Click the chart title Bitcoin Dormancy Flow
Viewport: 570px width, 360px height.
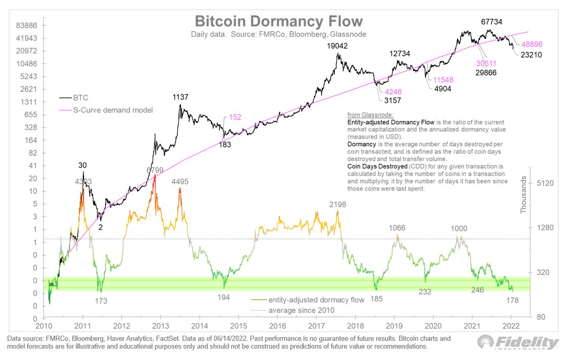click(x=279, y=21)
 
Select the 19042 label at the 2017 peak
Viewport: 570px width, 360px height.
click(x=337, y=46)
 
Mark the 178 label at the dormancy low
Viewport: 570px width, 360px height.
click(x=510, y=300)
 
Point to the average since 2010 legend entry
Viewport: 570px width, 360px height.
click(x=301, y=310)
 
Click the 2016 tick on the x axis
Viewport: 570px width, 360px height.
click(x=278, y=327)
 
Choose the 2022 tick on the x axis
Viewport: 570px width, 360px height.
click(x=511, y=327)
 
